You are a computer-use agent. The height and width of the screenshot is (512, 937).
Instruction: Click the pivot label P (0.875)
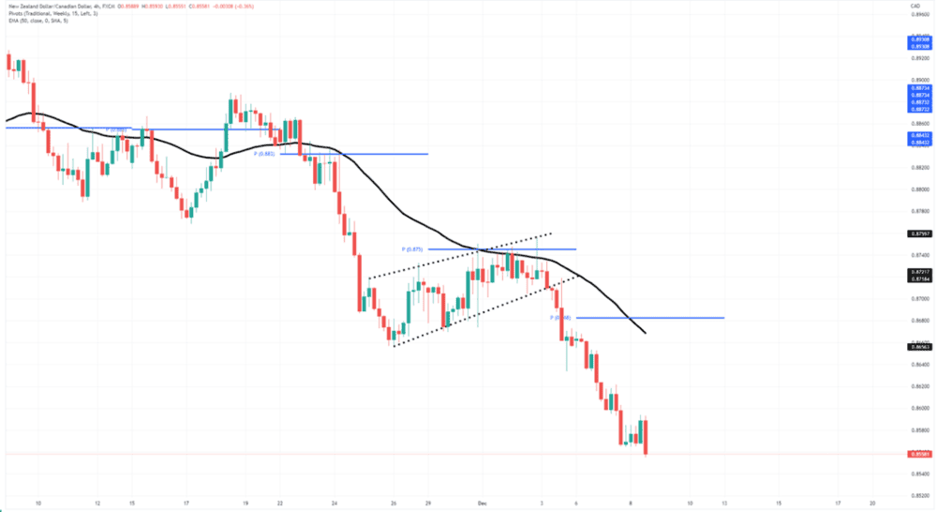tap(413, 249)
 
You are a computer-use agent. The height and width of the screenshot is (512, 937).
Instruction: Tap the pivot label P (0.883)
tap(263, 154)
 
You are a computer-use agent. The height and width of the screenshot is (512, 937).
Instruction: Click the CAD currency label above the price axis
tap(914, 6)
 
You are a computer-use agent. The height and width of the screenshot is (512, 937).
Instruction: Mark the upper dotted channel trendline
tap(459, 255)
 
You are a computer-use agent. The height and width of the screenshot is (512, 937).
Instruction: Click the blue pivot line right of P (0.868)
tap(656, 318)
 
